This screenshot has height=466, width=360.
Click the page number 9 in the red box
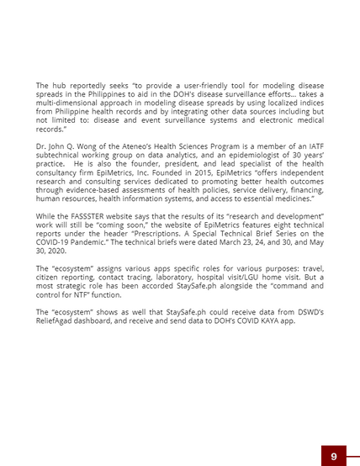tap(334, 456)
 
